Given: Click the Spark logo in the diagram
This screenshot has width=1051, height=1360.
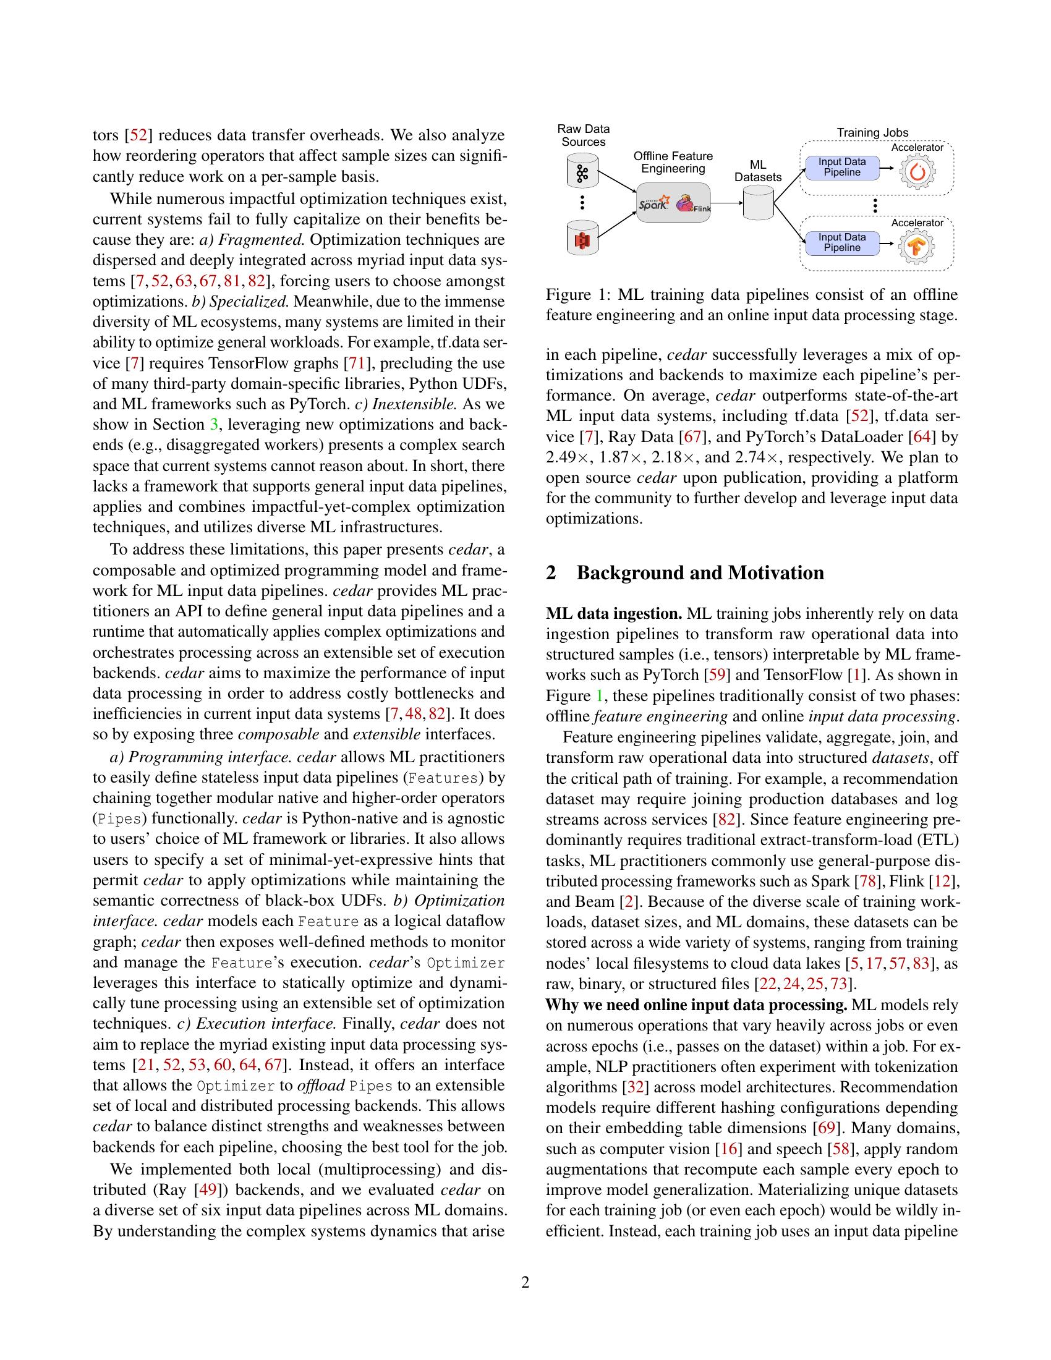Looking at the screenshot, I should [x=653, y=202].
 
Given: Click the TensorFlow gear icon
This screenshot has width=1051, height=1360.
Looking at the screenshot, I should [x=916, y=247].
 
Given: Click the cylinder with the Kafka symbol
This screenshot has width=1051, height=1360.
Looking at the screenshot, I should [x=582, y=172].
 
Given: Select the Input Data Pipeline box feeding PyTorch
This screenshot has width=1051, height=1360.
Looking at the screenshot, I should [x=842, y=168].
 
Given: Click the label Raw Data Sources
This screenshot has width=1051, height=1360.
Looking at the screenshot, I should [x=584, y=135].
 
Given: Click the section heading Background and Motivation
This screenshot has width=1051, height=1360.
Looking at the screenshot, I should [x=700, y=573].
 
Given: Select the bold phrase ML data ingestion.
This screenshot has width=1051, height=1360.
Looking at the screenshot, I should [x=614, y=614].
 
